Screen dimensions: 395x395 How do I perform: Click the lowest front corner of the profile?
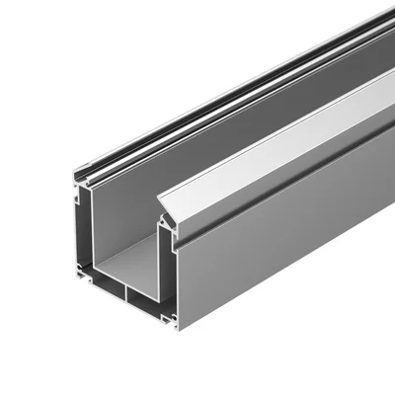(x=178, y=329)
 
